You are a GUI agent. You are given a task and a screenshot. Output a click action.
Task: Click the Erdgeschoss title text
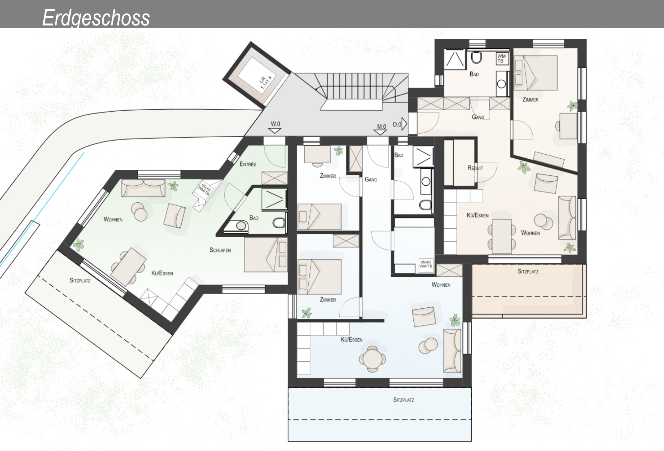pos(96,18)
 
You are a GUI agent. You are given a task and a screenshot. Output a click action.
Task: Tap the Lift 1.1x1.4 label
pos(266,83)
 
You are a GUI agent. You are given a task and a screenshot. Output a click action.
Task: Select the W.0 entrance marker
pos(275,127)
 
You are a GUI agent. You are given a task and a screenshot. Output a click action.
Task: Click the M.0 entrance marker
pos(381,129)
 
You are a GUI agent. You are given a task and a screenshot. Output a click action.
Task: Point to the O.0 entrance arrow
pos(400,124)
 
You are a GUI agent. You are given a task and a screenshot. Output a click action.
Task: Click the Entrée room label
pos(248,164)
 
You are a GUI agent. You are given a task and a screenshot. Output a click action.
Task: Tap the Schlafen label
pos(220,250)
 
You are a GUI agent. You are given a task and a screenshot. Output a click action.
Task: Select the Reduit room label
pos(475,168)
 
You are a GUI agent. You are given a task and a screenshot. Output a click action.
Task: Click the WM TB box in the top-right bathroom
pos(502,58)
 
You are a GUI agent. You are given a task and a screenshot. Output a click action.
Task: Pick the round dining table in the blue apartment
pos(372,359)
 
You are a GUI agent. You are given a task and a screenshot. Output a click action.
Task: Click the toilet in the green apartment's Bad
pos(279,223)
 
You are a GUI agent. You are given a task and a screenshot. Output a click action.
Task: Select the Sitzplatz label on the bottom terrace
pos(403,400)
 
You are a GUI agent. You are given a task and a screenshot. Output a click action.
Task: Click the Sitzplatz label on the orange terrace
pos(528,271)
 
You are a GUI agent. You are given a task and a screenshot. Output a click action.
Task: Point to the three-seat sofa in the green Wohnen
pos(143,188)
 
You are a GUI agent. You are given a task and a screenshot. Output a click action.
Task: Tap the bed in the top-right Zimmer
pos(535,73)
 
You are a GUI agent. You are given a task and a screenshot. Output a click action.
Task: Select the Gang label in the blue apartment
pos(371,180)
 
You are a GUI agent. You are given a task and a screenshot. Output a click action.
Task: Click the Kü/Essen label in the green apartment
pos(162,273)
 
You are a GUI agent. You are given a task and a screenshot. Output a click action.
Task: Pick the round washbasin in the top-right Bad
pos(502,84)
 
